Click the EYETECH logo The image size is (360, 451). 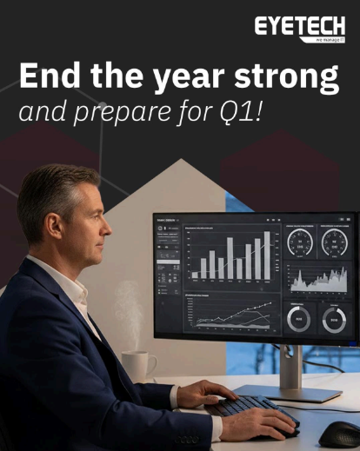299,27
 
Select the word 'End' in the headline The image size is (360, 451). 54,77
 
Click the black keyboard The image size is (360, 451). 249,408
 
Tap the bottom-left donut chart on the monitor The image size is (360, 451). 299,319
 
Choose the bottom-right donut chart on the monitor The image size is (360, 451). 334,319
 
